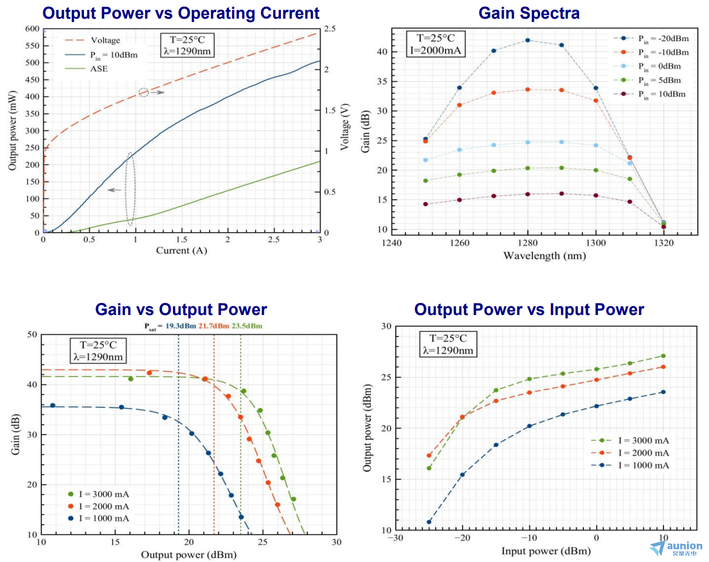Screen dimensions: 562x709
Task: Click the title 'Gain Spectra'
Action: click(x=529, y=13)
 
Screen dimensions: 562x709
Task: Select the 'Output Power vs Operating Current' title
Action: click(x=181, y=13)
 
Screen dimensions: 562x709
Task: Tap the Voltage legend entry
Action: click(x=105, y=40)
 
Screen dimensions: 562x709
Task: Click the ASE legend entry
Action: click(x=99, y=69)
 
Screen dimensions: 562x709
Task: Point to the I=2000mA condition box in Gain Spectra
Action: click(x=436, y=44)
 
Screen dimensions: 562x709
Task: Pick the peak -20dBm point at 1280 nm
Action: click(x=527, y=40)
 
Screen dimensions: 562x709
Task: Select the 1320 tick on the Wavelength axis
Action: click(x=663, y=243)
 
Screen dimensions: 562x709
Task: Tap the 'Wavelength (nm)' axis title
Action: click(x=544, y=256)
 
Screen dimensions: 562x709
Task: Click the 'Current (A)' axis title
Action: click(x=182, y=251)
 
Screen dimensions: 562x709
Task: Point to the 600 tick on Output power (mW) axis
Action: click(x=32, y=29)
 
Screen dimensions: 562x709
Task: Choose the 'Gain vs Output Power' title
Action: click(x=181, y=310)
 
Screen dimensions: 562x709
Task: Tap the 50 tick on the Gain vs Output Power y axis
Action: click(x=32, y=334)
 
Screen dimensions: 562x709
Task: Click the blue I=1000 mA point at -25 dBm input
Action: click(x=429, y=522)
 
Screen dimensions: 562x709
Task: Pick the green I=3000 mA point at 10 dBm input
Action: click(x=663, y=356)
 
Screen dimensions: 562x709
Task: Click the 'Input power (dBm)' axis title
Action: click(x=546, y=551)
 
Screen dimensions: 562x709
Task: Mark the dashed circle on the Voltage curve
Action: click(x=144, y=92)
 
